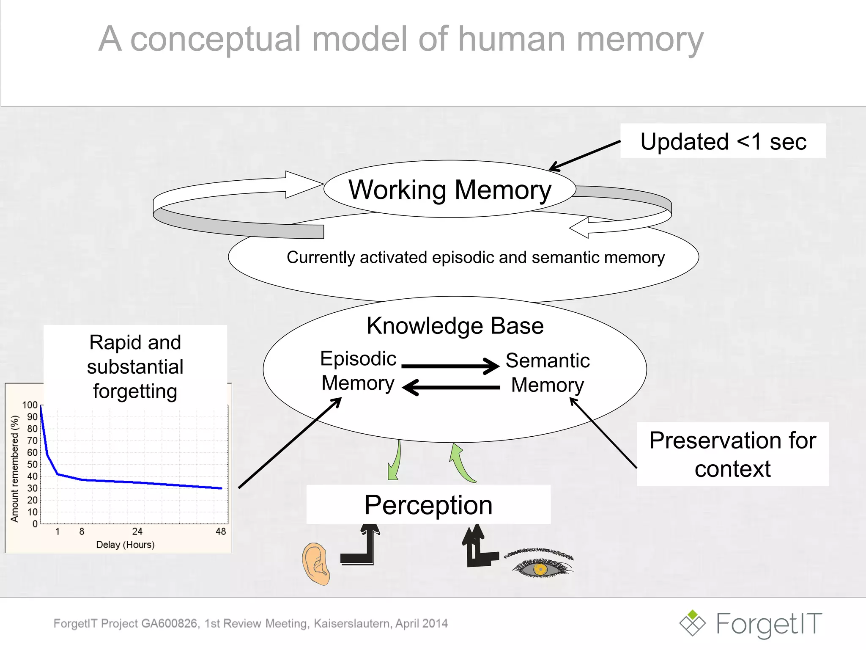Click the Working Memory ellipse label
pos(450,190)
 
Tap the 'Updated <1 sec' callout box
pos(723,141)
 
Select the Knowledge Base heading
pos(455,326)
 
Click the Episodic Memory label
pos(358,371)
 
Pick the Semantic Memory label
pos(548,373)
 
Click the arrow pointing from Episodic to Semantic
pos(450,366)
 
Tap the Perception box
pos(428,505)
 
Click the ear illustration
pos(316,564)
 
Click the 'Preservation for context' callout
pos(732,454)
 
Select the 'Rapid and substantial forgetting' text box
pos(135,366)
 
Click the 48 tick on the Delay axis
pos(221,532)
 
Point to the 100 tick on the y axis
pos(30,405)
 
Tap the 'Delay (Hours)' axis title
pos(125,545)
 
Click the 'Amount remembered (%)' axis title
pos(15,468)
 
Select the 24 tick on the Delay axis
pos(137,532)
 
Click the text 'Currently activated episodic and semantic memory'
pos(476,257)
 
